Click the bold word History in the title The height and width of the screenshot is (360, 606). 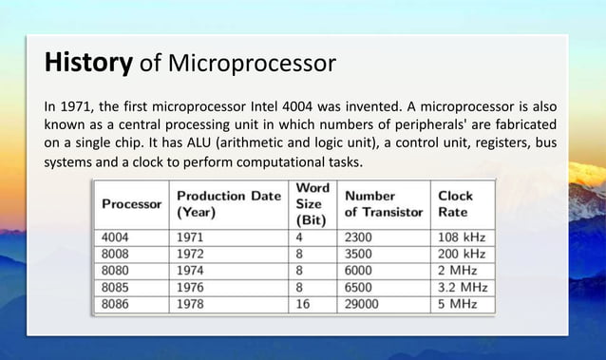click(x=87, y=64)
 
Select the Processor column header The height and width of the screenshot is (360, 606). click(x=130, y=204)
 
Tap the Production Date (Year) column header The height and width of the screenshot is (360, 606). click(x=229, y=204)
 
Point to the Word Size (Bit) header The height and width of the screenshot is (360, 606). click(x=312, y=203)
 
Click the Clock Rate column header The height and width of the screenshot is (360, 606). click(x=455, y=204)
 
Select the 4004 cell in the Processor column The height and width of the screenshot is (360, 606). click(x=117, y=237)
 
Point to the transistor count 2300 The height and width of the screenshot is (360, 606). click(x=362, y=237)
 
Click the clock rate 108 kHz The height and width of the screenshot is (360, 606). click(x=461, y=237)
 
